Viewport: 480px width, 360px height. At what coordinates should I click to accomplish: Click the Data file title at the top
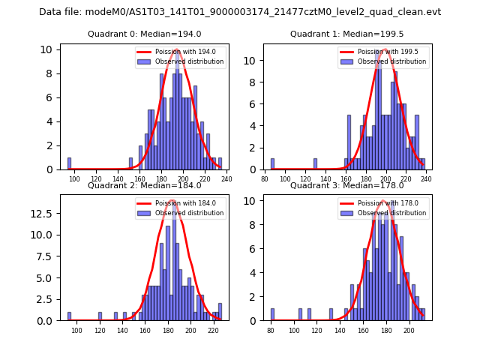point(240,12)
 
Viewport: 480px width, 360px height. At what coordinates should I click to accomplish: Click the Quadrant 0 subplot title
point(144,34)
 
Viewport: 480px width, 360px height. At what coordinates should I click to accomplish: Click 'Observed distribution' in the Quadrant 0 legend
point(189,61)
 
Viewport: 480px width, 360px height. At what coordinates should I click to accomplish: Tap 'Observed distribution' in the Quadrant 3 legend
point(391,213)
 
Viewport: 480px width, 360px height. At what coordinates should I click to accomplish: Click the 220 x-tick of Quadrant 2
point(214,330)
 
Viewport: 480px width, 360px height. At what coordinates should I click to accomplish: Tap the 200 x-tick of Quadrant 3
point(409,330)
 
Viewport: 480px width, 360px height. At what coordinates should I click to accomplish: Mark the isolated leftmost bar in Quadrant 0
point(69,163)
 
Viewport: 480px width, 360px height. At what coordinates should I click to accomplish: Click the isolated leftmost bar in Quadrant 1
point(272,163)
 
